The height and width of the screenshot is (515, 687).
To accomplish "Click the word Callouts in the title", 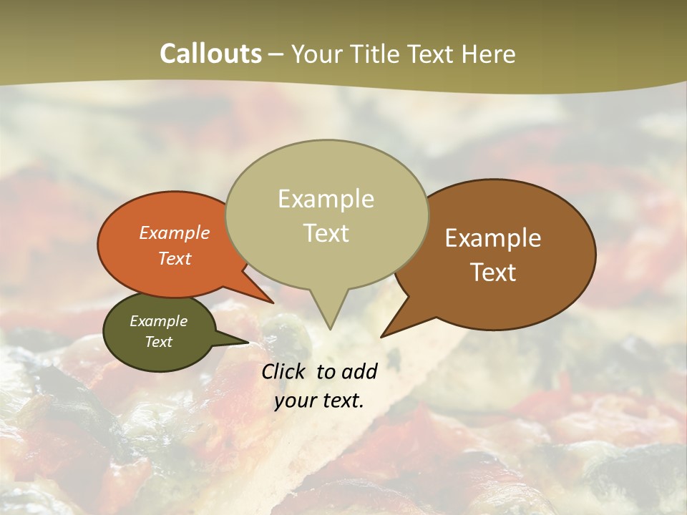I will click(x=210, y=54).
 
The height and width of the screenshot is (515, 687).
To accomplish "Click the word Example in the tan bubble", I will click(x=326, y=198).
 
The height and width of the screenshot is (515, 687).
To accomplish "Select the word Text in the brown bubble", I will click(x=493, y=272).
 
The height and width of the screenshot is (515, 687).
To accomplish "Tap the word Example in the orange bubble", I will click(x=175, y=232).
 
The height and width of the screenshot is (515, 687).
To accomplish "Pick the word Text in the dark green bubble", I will click(x=159, y=342).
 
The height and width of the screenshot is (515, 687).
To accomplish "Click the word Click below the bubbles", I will click(x=284, y=371).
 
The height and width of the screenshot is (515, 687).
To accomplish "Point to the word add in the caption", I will click(x=359, y=371).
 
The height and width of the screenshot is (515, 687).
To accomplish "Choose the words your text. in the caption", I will click(x=319, y=401).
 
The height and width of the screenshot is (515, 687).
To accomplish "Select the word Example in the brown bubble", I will click(x=493, y=237).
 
